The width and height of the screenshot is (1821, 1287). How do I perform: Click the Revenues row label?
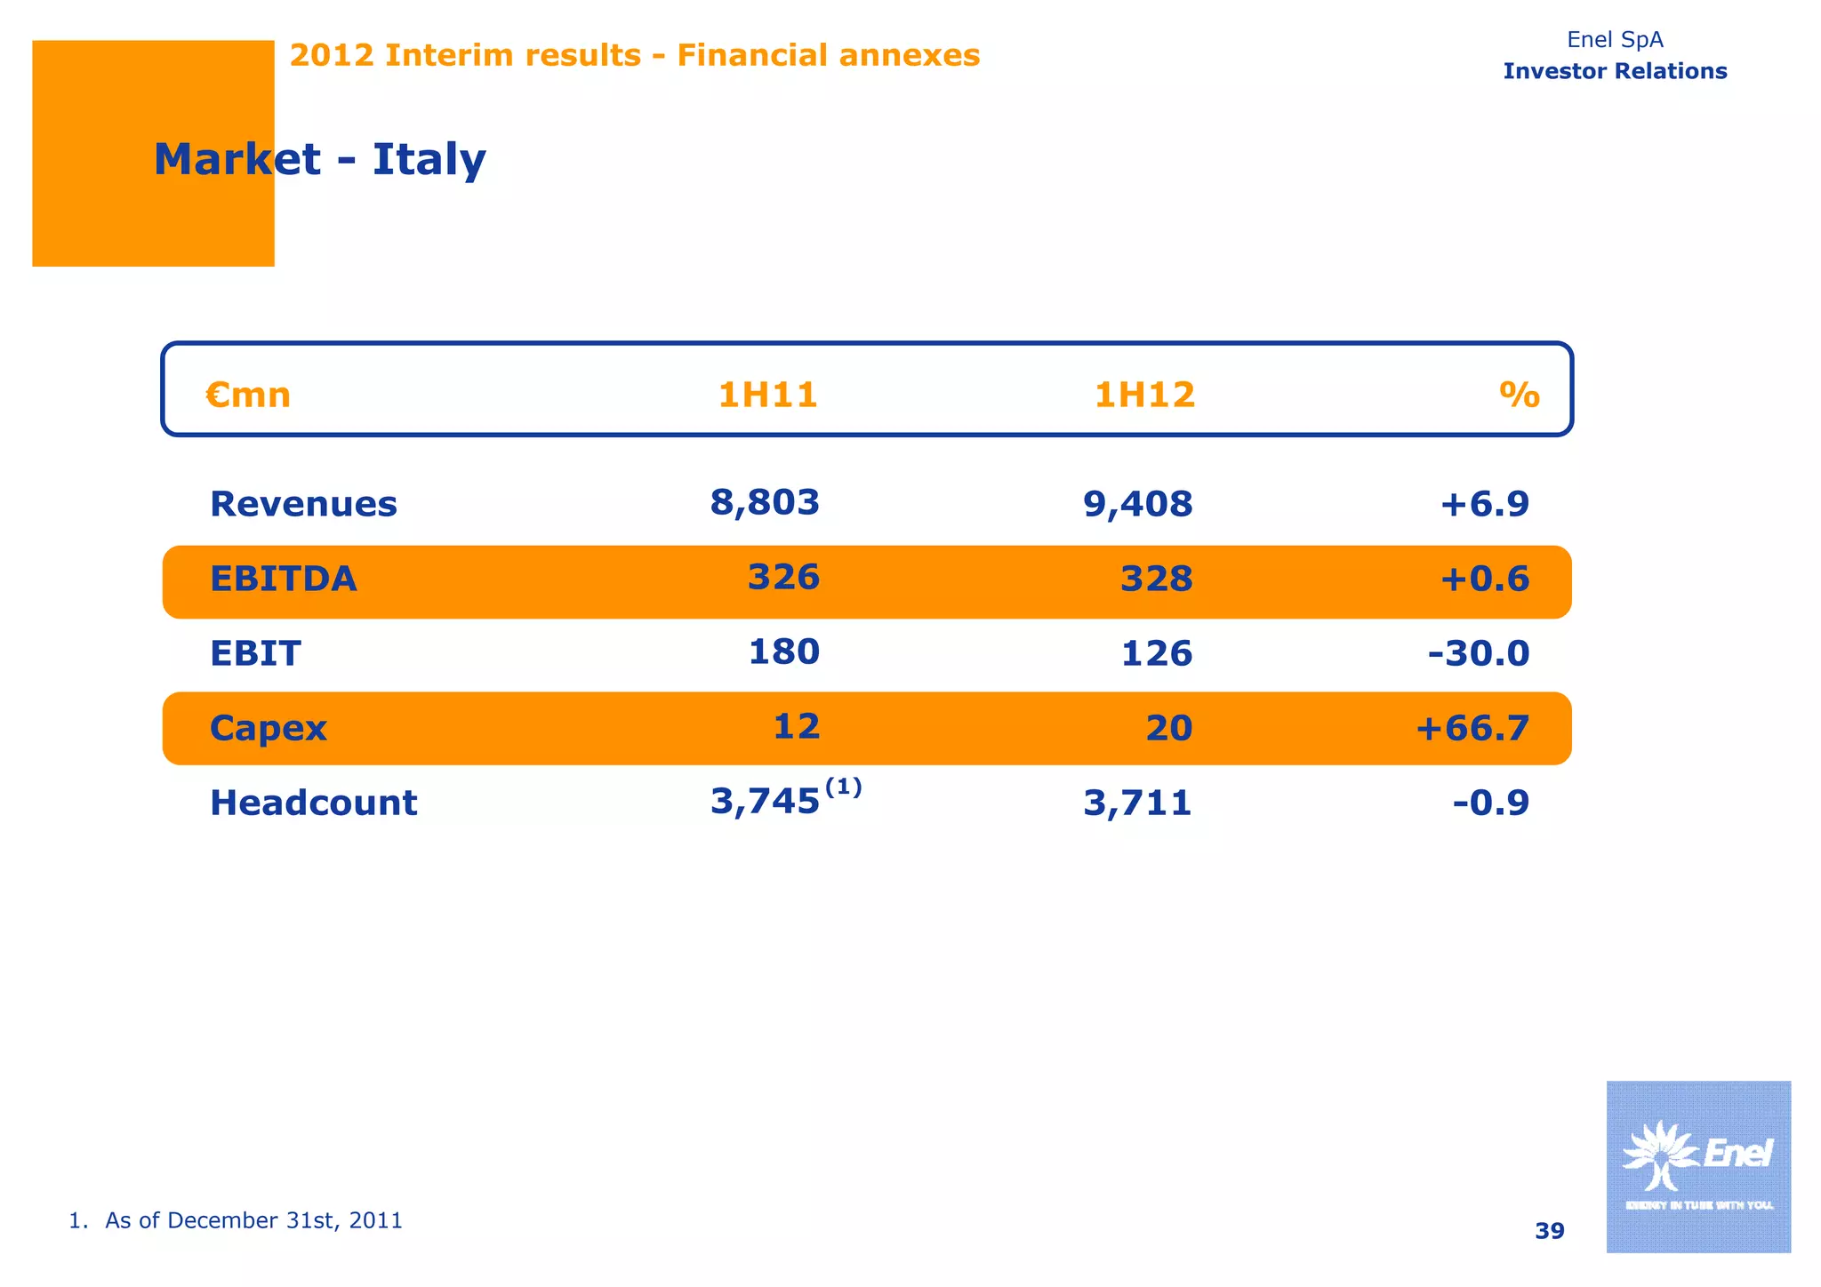coord(303,504)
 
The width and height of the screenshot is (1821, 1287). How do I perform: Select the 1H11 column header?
coord(767,395)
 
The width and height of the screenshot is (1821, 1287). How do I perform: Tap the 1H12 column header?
coord(1144,395)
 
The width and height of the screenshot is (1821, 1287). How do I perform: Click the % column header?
coord(1519,395)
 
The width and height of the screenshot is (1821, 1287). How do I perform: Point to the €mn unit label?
coord(248,395)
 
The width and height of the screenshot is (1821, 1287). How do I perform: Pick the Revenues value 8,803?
coord(765,502)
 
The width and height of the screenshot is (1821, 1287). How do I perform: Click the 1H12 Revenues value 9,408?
coord(1137,504)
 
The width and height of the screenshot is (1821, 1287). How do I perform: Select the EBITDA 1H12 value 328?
coord(1156,579)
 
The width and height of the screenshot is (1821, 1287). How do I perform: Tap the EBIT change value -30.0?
coord(1478,653)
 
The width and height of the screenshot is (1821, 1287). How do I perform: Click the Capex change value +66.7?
coord(1472,728)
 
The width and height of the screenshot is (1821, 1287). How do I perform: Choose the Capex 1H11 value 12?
coord(796,726)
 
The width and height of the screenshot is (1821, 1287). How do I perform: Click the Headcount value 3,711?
coord(1137,803)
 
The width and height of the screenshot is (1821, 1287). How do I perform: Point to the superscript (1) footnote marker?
coord(843,787)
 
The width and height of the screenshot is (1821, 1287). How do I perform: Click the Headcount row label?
coord(313,803)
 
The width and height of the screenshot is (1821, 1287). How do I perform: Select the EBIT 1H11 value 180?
coord(783,651)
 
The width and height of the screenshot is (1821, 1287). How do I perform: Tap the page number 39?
coord(1549,1231)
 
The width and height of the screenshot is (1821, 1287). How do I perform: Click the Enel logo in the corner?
coord(1697,1166)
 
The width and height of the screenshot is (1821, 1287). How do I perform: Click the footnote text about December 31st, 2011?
coord(236,1220)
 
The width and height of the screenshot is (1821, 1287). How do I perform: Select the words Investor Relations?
coord(1615,71)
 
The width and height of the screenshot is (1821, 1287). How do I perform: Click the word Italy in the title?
coord(429,160)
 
